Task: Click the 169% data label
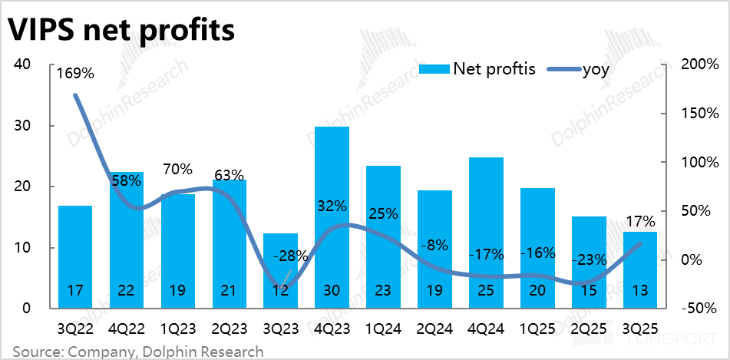tap(75, 74)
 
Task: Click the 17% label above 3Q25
tap(640, 222)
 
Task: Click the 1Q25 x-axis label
tap(537, 328)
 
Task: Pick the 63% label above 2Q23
tap(229, 175)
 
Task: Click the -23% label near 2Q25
tap(589, 259)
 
